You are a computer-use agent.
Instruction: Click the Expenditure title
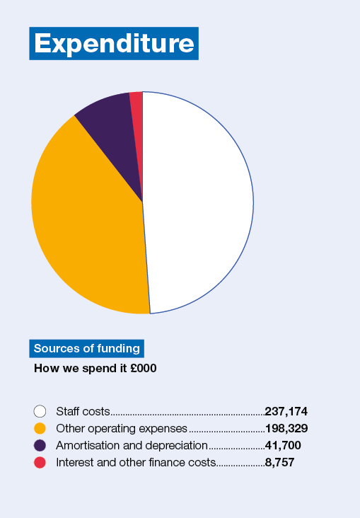(x=114, y=43)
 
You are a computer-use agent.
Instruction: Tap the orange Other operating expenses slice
(x=85, y=219)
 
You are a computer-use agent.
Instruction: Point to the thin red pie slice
(x=137, y=106)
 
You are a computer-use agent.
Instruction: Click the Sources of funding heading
(x=87, y=348)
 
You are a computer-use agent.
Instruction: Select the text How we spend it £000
(x=95, y=369)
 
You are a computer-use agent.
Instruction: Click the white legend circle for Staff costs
(x=40, y=411)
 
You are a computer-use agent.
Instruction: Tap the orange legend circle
(x=40, y=428)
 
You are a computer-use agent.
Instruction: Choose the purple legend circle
(x=40, y=445)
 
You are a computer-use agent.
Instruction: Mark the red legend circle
(x=40, y=463)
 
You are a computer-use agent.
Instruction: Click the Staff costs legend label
(x=83, y=411)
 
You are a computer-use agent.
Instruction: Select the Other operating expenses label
(x=121, y=428)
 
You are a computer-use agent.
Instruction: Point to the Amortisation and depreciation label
(x=131, y=445)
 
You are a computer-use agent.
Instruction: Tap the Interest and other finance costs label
(x=135, y=463)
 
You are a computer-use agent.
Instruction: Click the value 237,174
(x=286, y=411)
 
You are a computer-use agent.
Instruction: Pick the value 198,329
(x=286, y=428)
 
